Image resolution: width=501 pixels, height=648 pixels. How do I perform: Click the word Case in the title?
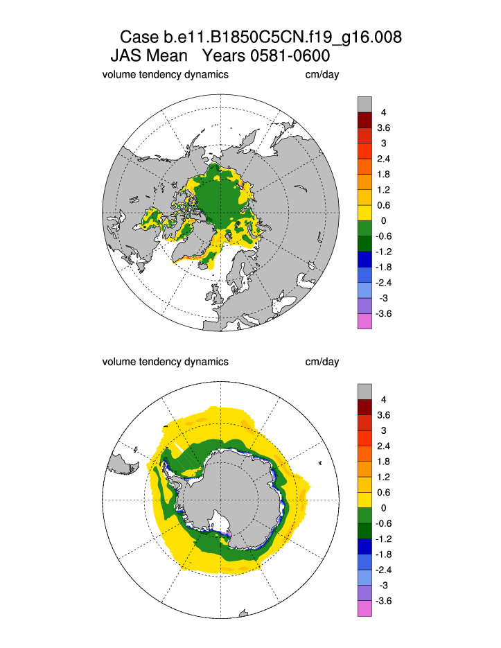[141, 37]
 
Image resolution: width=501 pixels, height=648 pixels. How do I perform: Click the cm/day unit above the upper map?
[322, 74]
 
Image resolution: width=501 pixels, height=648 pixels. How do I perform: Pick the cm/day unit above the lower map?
[322, 362]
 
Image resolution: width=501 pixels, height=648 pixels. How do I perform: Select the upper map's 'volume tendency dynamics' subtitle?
[165, 74]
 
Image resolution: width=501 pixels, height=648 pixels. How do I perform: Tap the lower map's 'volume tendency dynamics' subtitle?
[165, 362]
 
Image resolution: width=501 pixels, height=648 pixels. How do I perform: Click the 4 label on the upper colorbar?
[383, 112]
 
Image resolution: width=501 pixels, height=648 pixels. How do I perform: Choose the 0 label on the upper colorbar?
[383, 220]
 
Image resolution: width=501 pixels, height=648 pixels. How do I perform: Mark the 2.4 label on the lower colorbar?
[383, 446]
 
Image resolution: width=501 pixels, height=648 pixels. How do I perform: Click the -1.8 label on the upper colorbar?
[383, 267]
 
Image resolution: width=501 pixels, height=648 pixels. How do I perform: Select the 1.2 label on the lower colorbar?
[383, 478]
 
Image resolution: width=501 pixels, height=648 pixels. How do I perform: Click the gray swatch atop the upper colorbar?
[364, 104]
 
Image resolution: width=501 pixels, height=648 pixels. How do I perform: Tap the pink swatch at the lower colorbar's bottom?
[364, 608]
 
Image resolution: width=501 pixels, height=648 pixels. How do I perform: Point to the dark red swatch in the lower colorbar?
[364, 408]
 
